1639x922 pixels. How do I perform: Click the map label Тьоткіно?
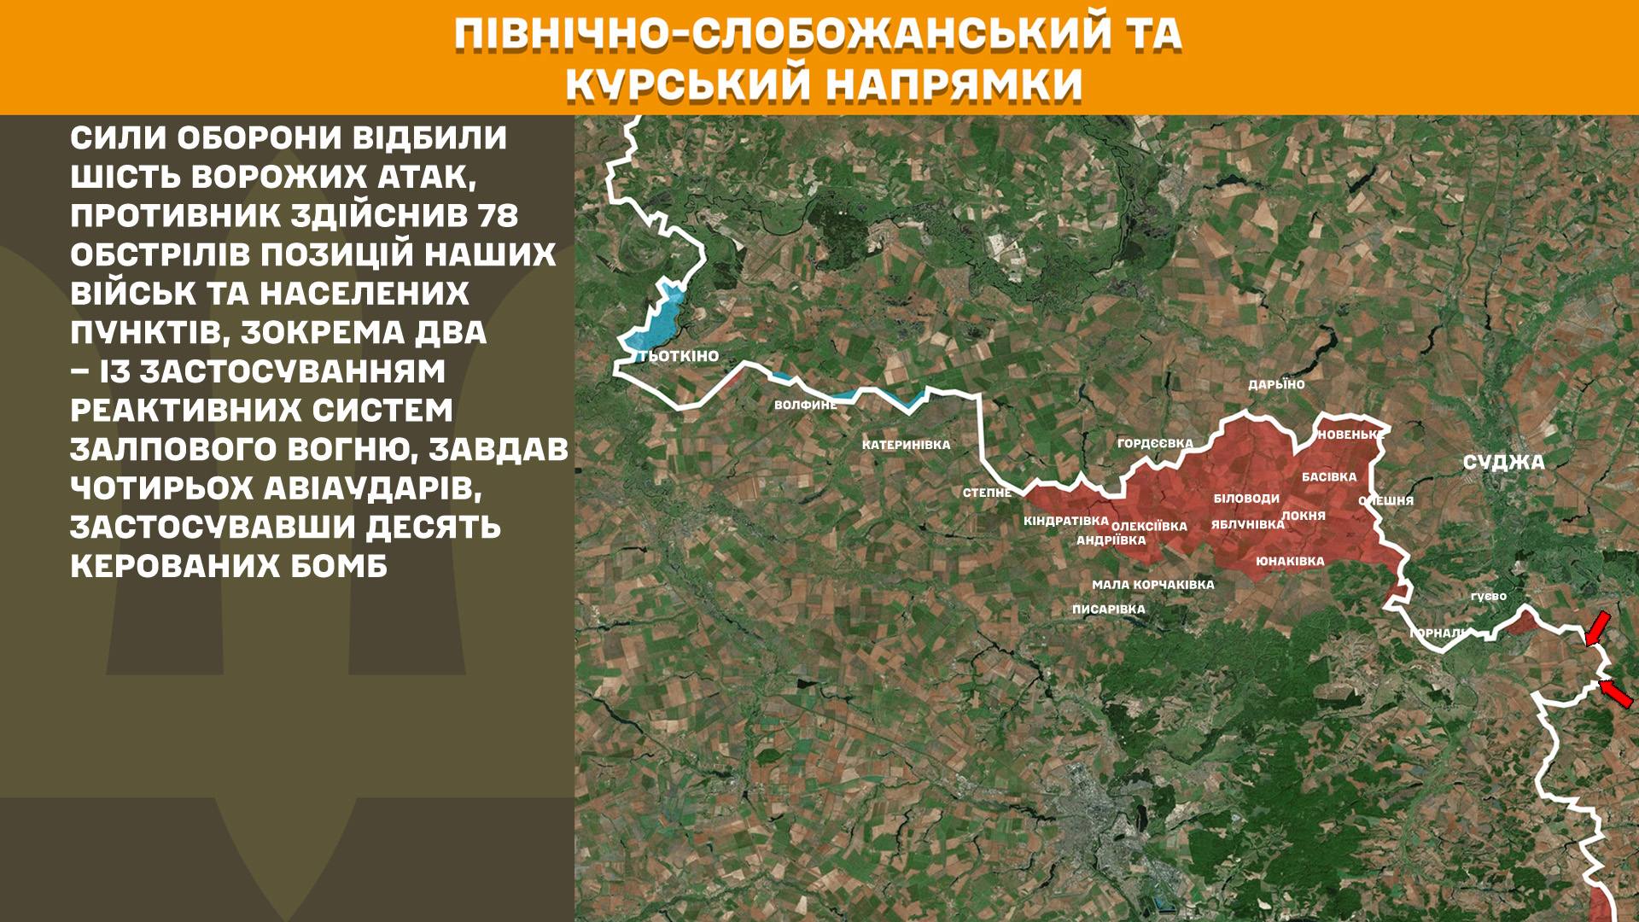679,356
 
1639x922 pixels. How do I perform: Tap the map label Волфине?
805,405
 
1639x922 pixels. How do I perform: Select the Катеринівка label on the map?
906,445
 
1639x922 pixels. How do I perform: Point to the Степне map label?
987,493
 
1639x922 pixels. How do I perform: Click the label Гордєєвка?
1155,443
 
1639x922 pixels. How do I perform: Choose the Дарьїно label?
1276,385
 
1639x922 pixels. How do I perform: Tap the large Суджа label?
1503,463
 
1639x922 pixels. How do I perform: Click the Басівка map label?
1329,477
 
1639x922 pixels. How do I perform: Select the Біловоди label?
1246,499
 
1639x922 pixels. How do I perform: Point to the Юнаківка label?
1290,562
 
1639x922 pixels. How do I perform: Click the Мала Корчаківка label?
1152,585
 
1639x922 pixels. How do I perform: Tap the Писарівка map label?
1108,610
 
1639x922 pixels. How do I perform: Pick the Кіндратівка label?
1066,521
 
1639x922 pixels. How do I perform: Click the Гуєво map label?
1489,596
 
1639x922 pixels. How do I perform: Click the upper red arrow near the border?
1597,627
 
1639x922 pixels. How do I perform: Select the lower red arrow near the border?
1616,692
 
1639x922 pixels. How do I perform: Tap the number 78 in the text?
498,216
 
